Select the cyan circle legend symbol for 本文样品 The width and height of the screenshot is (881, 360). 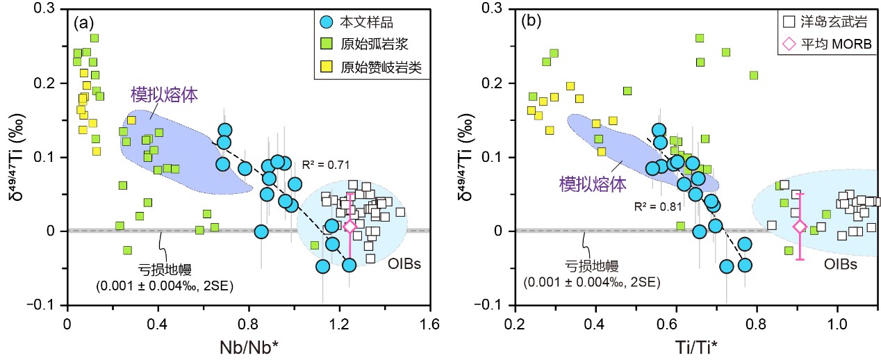(x=324, y=22)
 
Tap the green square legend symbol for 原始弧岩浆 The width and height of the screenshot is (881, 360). (x=324, y=44)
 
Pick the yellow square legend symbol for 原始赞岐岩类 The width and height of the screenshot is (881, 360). (x=324, y=67)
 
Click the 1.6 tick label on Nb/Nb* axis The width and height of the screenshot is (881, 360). (x=430, y=324)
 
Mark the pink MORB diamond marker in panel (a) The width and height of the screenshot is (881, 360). (x=350, y=226)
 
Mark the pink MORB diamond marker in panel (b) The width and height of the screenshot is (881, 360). (x=800, y=226)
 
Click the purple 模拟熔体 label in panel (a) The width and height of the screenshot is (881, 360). (x=156, y=94)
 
